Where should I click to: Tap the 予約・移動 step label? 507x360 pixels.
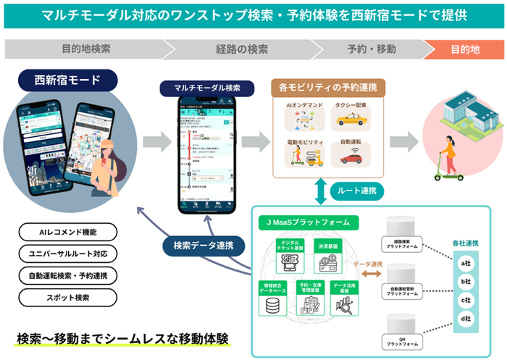tap(372, 49)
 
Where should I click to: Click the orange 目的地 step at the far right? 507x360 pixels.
tap(464, 49)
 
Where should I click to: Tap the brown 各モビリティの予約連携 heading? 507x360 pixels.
tap(330, 87)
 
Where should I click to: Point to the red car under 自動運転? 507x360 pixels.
tap(353, 158)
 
